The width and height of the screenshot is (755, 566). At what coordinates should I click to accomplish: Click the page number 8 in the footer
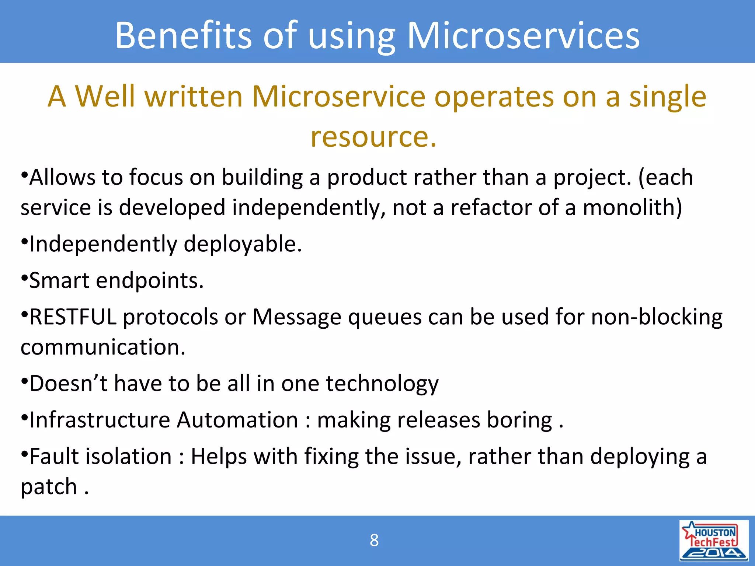tap(374, 541)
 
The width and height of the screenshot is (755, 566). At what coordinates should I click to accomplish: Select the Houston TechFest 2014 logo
tap(714, 541)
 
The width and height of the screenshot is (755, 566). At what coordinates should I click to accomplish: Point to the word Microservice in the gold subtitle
tap(338, 97)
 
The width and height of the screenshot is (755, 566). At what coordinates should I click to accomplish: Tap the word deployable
tap(243, 244)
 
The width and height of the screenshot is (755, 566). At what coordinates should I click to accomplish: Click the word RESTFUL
tap(73, 317)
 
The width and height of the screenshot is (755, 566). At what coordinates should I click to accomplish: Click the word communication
tap(102, 347)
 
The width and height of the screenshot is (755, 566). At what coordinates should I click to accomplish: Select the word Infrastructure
tap(100, 420)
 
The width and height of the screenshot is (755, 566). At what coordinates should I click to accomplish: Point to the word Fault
tap(54, 457)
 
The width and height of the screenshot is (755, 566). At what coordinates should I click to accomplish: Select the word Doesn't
tap(68, 384)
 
